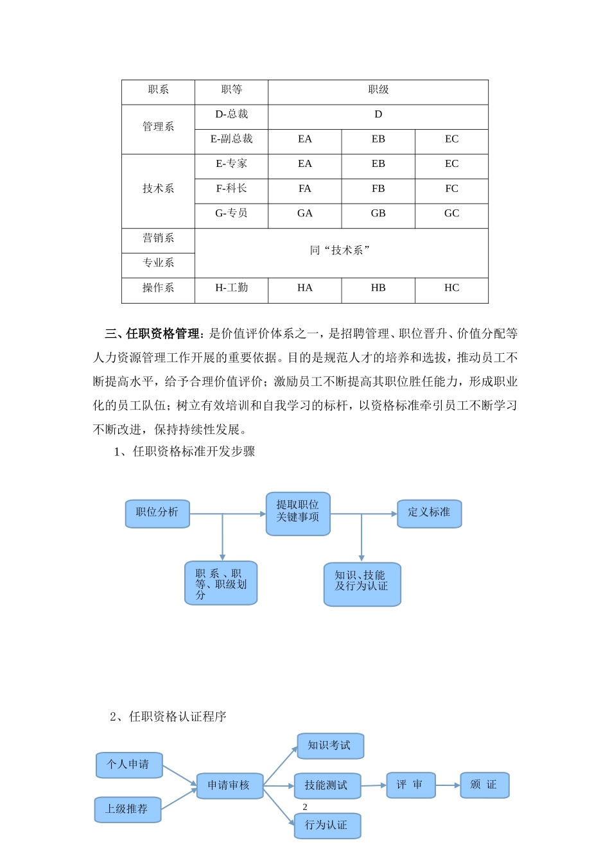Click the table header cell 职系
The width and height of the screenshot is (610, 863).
click(158, 90)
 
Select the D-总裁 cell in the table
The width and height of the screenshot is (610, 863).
click(231, 114)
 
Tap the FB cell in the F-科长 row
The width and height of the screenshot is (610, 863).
click(378, 189)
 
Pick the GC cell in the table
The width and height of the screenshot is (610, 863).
click(451, 213)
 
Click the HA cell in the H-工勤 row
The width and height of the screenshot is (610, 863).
click(305, 288)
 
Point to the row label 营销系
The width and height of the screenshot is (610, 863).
click(158, 238)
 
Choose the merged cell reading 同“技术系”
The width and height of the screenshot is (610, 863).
click(341, 250)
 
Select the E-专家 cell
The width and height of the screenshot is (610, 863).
click(231, 164)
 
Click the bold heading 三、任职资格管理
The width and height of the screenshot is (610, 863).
click(152, 334)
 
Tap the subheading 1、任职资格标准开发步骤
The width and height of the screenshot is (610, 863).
click(184, 451)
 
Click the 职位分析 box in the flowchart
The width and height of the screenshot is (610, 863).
click(157, 513)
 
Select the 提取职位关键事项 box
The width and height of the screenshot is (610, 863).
click(298, 512)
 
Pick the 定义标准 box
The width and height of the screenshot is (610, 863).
click(429, 513)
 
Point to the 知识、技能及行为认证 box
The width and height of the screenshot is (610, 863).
click(362, 583)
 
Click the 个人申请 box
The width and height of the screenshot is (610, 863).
click(128, 765)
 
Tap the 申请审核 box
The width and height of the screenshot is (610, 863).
click(229, 785)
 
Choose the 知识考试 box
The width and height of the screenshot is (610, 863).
click(330, 745)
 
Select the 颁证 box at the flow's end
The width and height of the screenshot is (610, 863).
click(484, 785)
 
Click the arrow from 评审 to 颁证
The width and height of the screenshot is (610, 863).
click(448, 785)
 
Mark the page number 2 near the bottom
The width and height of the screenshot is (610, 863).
click(305, 806)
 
